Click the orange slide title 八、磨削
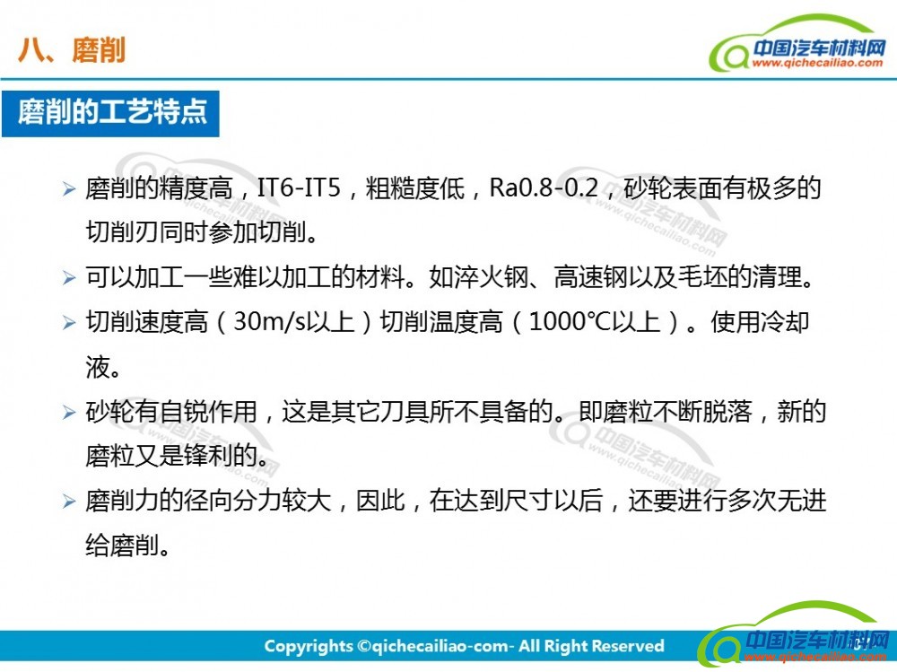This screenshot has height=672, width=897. [x=72, y=50]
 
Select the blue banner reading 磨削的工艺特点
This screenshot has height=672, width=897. [x=110, y=113]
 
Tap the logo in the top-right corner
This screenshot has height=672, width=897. [x=797, y=44]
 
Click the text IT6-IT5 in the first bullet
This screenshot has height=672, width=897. [x=299, y=188]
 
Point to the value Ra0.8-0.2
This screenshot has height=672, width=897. [x=544, y=188]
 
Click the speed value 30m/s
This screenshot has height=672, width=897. [x=270, y=322]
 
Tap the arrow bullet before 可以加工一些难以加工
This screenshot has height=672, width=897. [x=69, y=278]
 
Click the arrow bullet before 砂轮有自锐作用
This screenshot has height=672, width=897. [x=69, y=412]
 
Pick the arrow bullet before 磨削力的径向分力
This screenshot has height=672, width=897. [x=69, y=502]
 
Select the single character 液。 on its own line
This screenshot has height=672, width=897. [x=102, y=367]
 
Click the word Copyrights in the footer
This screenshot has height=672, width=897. [x=309, y=647]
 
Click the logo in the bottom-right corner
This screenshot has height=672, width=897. [x=795, y=635]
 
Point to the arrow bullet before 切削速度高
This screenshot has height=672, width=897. [x=69, y=323]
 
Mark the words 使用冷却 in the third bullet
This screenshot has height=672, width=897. [x=760, y=322]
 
